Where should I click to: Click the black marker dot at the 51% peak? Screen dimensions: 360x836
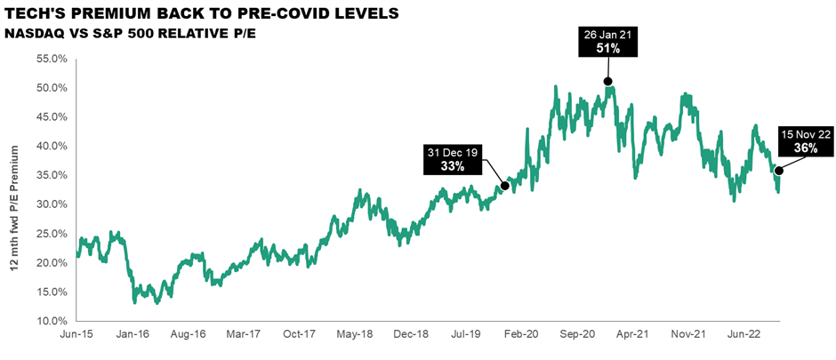pos(608,81)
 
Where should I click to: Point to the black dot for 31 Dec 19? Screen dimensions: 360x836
pos(504,186)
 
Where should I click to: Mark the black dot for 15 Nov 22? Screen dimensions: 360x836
pos(779,170)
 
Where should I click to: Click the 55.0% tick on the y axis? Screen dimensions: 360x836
pos(52,60)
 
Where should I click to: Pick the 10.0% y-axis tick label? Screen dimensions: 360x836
pos(52,321)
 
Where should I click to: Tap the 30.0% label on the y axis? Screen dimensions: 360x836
pos(52,204)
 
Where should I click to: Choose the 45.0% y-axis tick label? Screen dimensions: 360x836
pos(52,117)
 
